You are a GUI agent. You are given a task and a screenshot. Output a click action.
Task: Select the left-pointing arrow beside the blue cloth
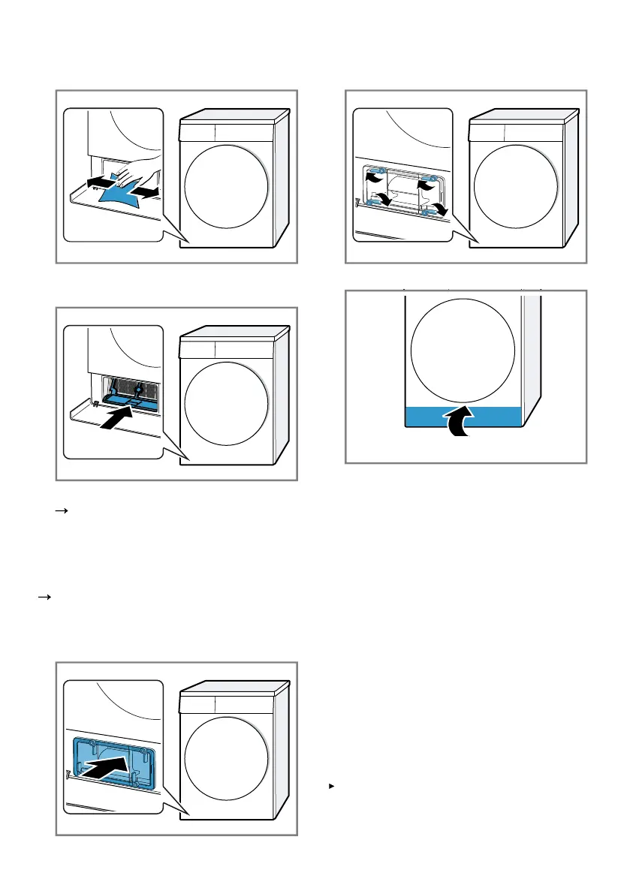[98, 182]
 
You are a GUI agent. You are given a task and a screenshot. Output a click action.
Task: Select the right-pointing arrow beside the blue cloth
[148, 193]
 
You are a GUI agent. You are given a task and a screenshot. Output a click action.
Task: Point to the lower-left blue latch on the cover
[370, 203]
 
